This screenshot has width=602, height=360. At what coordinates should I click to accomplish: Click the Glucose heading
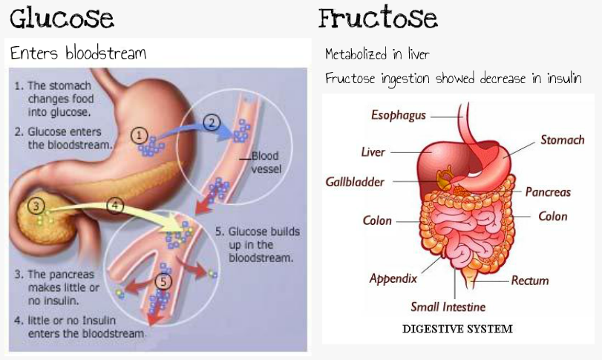pos(62,18)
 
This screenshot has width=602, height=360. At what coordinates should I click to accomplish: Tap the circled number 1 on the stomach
pos(138,134)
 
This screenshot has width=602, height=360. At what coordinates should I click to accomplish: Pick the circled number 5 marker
pos(163,281)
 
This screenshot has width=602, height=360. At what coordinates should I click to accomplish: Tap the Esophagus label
pos(399,115)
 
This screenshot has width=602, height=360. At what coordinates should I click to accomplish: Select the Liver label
pos(373,152)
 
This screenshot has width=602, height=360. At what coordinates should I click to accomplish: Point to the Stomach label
pos(562,140)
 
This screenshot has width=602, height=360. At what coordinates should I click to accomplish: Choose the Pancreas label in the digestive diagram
pos(548,192)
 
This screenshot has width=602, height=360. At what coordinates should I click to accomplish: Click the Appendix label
pos(393,279)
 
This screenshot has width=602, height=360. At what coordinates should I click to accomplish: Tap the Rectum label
pos(530,281)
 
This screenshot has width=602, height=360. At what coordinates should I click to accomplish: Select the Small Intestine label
pos(448,307)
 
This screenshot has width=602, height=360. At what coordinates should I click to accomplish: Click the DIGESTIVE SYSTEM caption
pos(457,328)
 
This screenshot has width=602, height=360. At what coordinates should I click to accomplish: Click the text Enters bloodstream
pos(78,53)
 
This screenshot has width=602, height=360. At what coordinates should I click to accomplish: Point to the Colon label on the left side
pos(377,220)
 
